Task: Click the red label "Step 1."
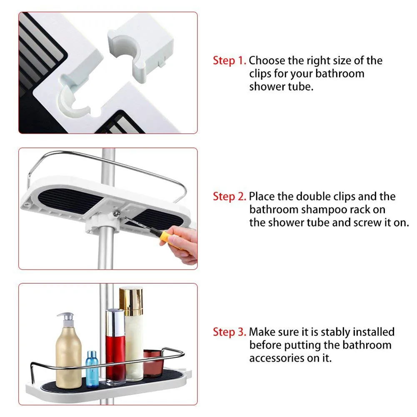coord(230,60)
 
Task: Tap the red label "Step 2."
coord(230,196)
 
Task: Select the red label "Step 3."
coord(230,332)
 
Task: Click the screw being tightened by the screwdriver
coord(117,213)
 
